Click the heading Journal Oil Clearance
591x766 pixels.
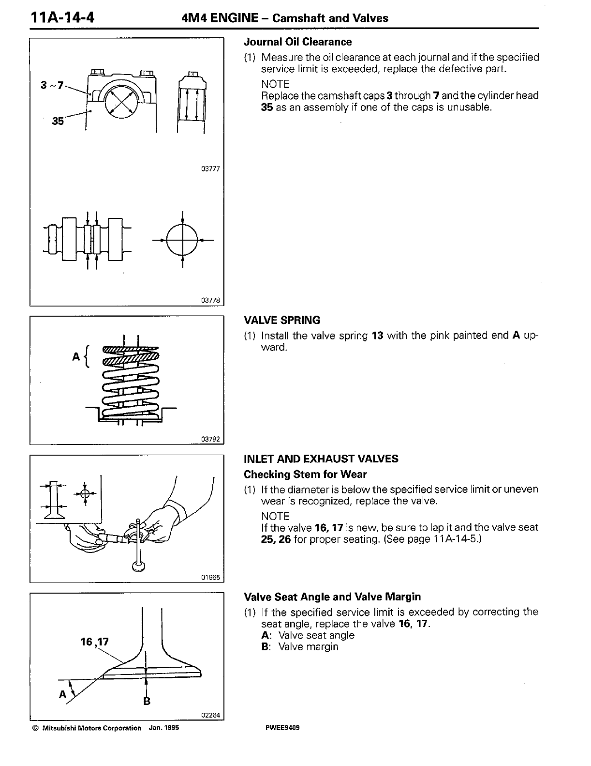pos(297,42)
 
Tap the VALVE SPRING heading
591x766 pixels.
pos(282,320)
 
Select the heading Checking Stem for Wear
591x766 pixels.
pos(305,475)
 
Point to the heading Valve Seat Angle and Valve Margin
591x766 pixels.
pos(332,597)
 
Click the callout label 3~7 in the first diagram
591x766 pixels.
pos(52,86)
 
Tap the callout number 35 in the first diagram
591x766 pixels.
pos(58,121)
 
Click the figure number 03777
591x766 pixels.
pos(210,169)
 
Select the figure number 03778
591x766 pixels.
pos(210,301)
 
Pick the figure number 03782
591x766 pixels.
pos(210,439)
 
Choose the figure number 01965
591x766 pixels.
pos(210,577)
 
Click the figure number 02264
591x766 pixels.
pos(210,715)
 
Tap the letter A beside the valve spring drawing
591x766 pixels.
pos(75,356)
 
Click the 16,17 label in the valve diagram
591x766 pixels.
pos(95,642)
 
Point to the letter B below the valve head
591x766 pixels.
pos(147,701)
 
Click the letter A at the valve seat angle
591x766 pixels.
pos(62,694)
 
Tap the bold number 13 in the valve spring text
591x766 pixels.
pos(378,336)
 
